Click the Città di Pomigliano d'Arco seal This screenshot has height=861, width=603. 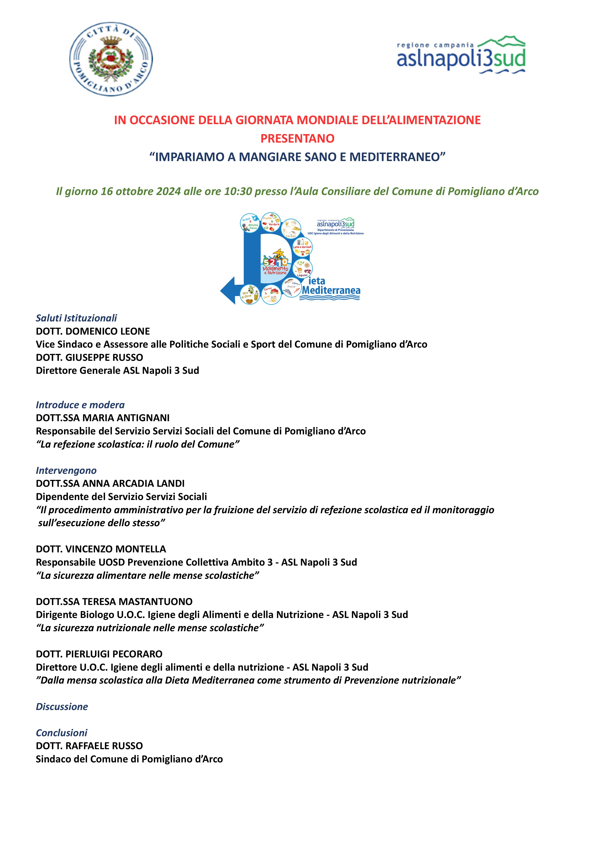(x=111, y=59)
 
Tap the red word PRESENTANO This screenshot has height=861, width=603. (x=297, y=138)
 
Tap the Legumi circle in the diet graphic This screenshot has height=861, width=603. (x=302, y=269)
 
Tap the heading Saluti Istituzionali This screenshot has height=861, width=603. (x=76, y=318)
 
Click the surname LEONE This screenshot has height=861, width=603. (x=135, y=331)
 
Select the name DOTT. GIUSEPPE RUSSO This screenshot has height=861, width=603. (x=89, y=357)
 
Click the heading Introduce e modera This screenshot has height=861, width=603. (x=80, y=405)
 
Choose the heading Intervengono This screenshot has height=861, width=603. (x=66, y=470)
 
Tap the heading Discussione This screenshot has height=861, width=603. (x=62, y=707)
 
